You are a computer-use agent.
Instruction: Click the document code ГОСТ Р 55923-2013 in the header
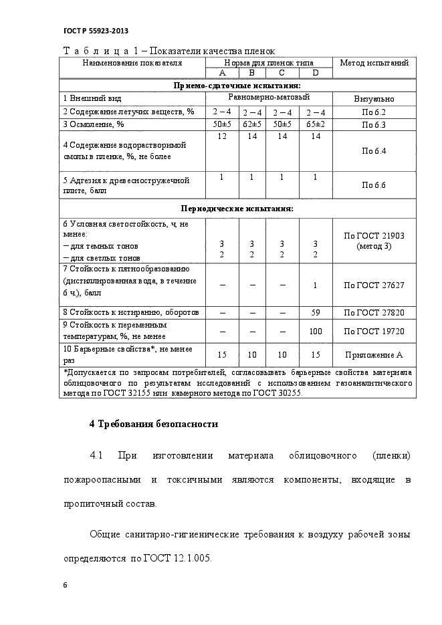(96, 31)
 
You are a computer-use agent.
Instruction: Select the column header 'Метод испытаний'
(374, 63)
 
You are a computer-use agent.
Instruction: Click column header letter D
(315, 74)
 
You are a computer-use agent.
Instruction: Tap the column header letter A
(222, 74)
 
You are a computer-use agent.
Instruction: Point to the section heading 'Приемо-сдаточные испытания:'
(237, 86)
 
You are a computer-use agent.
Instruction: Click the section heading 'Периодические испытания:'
(237, 209)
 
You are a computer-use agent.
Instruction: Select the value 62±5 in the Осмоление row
(252, 124)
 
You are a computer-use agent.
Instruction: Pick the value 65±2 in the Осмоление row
(315, 124)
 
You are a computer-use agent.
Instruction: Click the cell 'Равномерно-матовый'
(267, 98)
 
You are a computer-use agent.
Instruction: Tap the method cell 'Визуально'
(374, 99)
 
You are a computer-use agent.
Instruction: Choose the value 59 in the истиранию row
(316, 312)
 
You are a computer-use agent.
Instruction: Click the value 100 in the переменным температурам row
(316, 331)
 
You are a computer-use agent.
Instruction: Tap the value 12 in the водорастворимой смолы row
(222, 136)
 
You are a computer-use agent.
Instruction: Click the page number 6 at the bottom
(66, 585)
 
